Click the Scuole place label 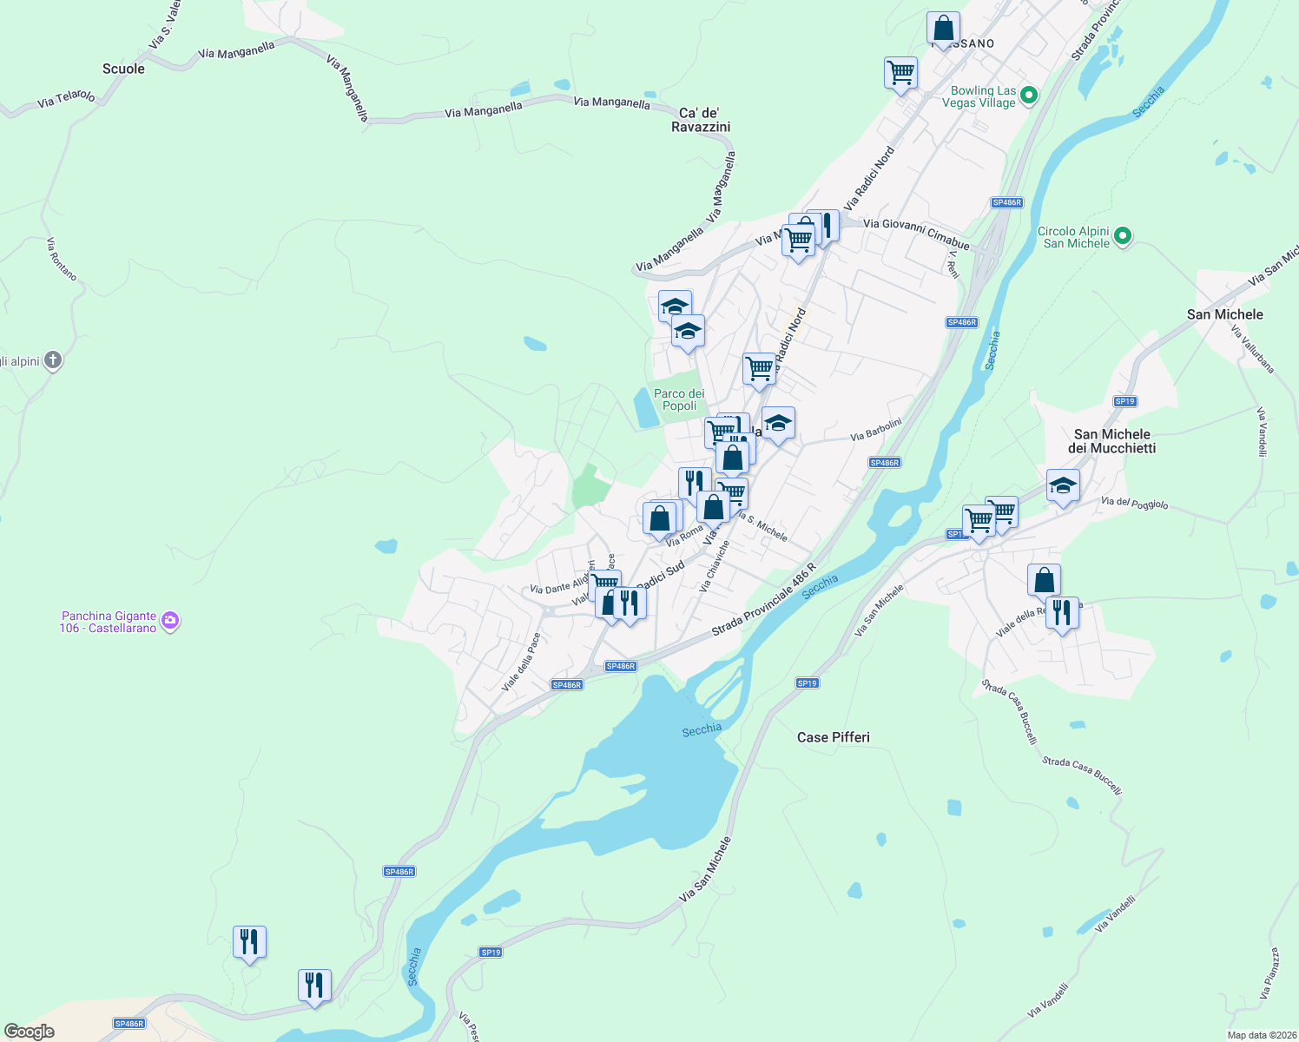(123, 69)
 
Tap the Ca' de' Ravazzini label (701, 120)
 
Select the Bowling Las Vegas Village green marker (1028, 95)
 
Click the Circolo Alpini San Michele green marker (1122, 235)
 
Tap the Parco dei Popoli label (679, 399)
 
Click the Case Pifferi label (833, 737)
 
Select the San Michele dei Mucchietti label (1111, 441)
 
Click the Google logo (30, 1031)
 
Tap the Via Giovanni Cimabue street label (916, 234)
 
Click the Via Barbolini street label (875, 430)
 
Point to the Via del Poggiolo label (1134, 502)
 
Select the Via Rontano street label (62, 259)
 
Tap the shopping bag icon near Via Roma (659, 518)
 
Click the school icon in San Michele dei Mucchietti (1063, 485)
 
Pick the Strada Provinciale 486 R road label (763, 599)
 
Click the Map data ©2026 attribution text (1262, 1035)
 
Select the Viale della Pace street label (521, 662)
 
